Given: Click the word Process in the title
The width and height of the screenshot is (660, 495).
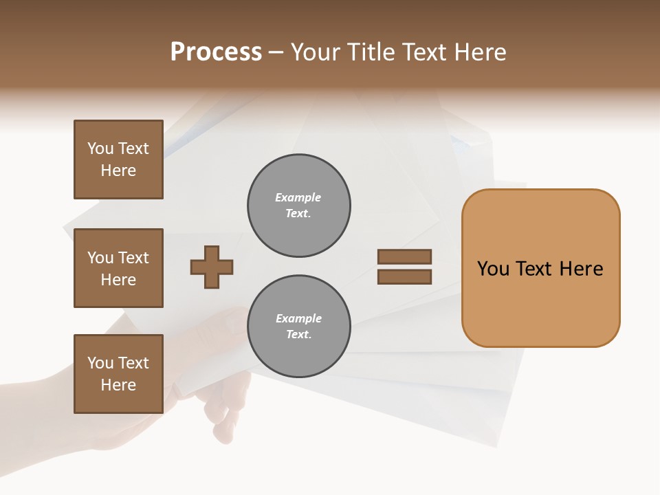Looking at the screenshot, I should pyautogui.click(x=216, y=52).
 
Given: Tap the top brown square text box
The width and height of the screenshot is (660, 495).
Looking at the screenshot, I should pyautogui.click(x=118, y=159).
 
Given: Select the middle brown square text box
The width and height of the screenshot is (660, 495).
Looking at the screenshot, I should pyautogui.click(x=118, y=268).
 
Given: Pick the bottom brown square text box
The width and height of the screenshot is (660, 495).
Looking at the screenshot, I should pyautogui.click(x=118, y=374).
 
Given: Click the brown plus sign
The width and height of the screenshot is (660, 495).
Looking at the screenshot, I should pyautogui.click(x=212, y=267).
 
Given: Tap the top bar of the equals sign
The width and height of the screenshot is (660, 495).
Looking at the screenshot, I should pyautogui.click(x=404, y=256).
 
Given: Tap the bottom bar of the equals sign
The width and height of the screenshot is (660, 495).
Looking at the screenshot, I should pyautogui.click(x=404, y=277).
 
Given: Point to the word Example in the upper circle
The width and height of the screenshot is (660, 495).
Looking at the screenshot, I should pyautogui.click(x=298, y=197).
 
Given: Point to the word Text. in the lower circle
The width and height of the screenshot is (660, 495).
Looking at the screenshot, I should pyautogui.click(x=298, y=334).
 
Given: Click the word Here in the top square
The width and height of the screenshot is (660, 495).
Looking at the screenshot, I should pyautogui.click(x=118, y=170).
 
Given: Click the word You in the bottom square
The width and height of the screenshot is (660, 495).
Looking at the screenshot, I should pyautogui.click(x=100, y=363).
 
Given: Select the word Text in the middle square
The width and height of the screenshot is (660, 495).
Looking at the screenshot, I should pyautogui.click(x=133, y=258).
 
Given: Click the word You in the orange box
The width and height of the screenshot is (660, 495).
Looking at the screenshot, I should pyautogui.click(x=493, y=269).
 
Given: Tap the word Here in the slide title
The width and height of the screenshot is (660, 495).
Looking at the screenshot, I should pyautogui.click(x=478, y=52).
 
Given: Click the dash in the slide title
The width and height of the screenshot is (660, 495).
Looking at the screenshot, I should pyautogui.click(x=276, y=52).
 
